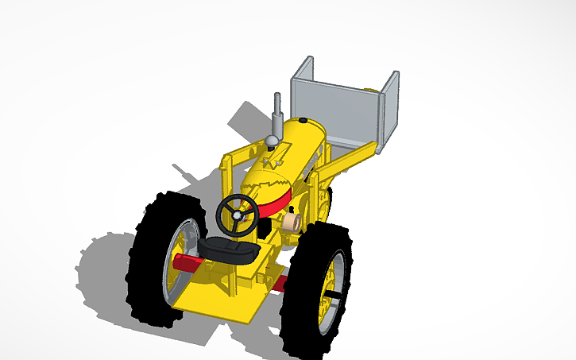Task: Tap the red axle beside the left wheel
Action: click(187, 263)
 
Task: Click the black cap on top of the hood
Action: click(303, 120)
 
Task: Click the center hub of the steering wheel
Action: click(236, 214)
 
